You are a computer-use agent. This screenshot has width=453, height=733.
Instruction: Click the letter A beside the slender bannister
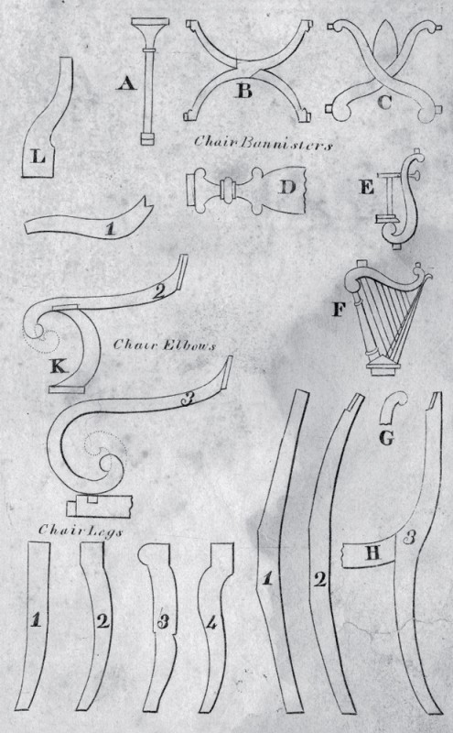tap(126, 83)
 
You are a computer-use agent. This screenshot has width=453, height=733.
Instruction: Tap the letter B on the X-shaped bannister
tap(244, 90)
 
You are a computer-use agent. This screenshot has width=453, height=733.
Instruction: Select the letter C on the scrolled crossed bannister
tap(384, 102)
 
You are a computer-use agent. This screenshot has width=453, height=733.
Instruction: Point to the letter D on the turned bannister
tap(287, 187)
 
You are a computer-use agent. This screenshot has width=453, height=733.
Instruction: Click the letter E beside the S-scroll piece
tap(367, 187)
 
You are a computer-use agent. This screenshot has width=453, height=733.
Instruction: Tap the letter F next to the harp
tap(338, 309)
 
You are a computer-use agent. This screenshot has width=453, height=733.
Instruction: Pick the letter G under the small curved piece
tap(386, 438)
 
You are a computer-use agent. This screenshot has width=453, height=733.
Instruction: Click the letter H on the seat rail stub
tap(372, 553)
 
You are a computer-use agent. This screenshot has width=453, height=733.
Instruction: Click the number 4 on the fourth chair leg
tap(211, 622)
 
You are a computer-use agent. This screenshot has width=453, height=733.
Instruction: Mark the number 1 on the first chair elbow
tap(110, 229)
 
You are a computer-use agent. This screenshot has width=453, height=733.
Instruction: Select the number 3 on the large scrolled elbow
tap(187, 399)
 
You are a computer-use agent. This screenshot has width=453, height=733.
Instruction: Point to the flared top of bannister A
tap(149, 33)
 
